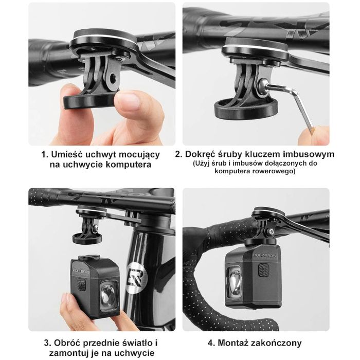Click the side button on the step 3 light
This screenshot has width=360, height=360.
click(x=81, y=284)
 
